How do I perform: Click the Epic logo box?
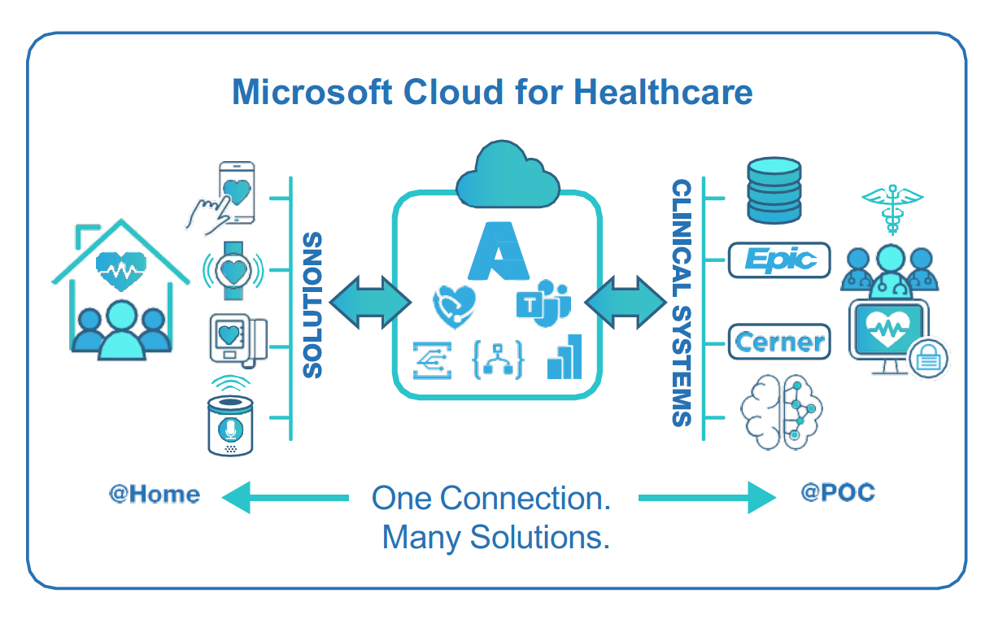coord(779,260)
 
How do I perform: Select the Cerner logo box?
coord(779,342)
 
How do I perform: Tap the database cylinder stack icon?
coord(774,190)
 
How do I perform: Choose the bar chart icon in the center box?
coord(565,357)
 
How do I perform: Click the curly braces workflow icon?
coord(498,359)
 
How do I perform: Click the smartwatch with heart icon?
coord(233,268)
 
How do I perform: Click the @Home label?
coord(154,494)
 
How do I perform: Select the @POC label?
coord(837,493)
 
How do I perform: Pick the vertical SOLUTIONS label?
coord(312,305)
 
